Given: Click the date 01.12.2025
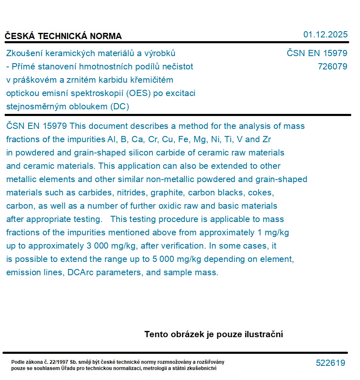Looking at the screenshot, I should point(325,35).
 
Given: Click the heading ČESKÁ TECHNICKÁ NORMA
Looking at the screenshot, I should point(63,36).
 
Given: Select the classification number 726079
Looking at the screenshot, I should point(332,66).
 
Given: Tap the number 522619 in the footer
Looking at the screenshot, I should point(330,363).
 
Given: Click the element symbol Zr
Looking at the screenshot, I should point(267,139).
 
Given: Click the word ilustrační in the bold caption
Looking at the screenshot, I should point(263,334).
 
